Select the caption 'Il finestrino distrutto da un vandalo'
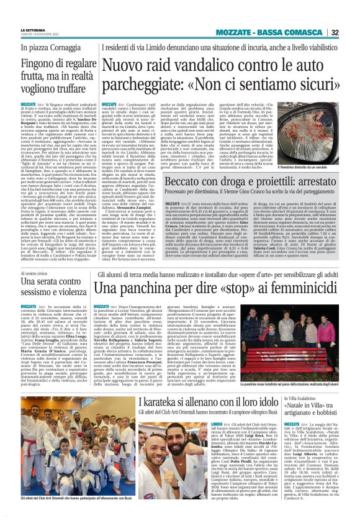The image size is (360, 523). click(x=318, y=167)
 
